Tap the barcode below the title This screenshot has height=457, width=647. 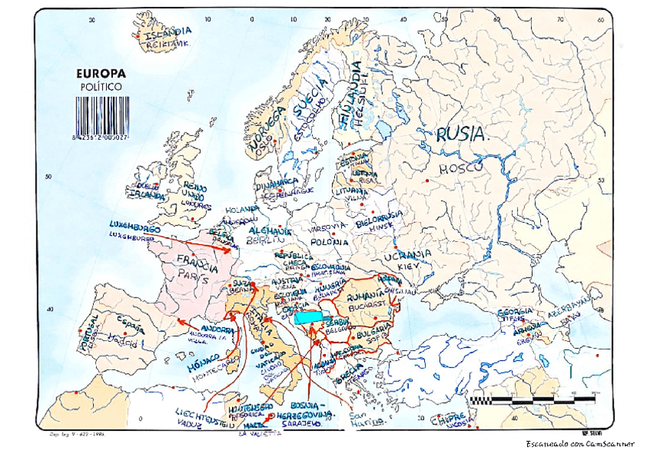tap(101, 114)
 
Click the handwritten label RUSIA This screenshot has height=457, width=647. tap(460, 134)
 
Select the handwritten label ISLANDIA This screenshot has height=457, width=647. tap(168, 33)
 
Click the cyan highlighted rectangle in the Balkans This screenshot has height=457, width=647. tap(308, 317)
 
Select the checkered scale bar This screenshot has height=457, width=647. tap(532, 399)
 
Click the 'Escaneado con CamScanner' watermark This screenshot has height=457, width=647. tap(581, 444)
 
